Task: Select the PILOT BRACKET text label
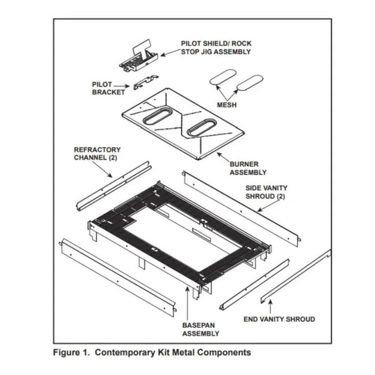point(108,87)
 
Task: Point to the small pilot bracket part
point(147,84)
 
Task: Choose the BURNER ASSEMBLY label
point(248,168)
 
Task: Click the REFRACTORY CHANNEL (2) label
point(97,154)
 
